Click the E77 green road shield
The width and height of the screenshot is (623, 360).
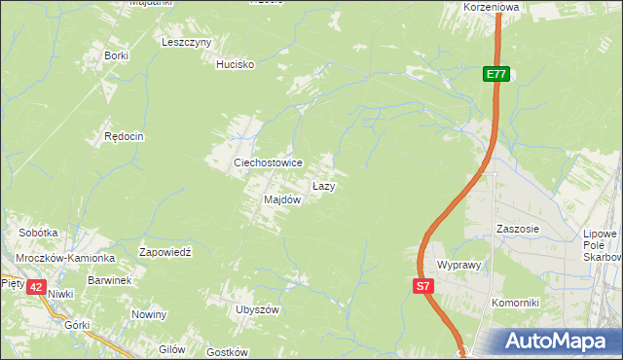coord(496,74)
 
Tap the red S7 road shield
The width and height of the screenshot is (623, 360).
coord(422,286)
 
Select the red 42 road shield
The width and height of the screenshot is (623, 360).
coord(36,287)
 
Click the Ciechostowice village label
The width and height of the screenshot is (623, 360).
coord(267,162)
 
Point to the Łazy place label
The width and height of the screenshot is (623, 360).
coord(324,185)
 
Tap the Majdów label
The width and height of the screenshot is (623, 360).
coord(282,199)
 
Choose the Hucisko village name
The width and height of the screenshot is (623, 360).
coord(235,64)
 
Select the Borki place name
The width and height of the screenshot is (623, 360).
coord(116,55)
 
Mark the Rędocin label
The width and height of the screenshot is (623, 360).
coord(124,137)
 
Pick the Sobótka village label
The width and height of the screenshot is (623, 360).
coord(39,234)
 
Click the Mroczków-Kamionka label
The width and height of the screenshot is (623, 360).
coord(66,258)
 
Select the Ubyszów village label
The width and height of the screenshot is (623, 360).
coord(257,309)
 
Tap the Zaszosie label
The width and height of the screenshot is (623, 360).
coord(517,230)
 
